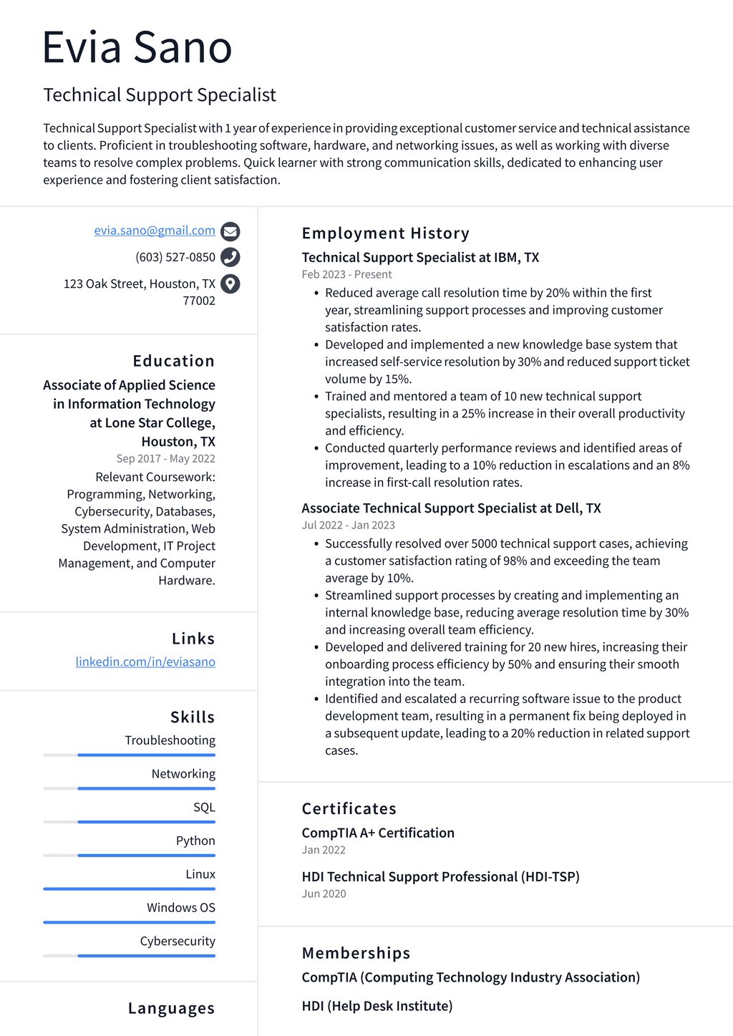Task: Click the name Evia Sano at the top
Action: pyautogui.click(x=137, y=47)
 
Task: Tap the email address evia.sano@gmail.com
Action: pyautogui.click(x=155, y=231)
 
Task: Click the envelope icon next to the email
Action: pyautogui.click(x=230, y=231)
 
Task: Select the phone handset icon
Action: pyautogui.click(x=230, y=257)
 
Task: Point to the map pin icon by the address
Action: pyautogui.click(x=230, y=284)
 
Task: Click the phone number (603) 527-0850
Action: pyautogui.click(x=175, y=257)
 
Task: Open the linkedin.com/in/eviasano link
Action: pyautogui.click(x=145, y=662)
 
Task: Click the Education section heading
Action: pyautogui.click(x=173, y=361)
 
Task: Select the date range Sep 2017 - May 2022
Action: pyautogui.click(x=165, y=458)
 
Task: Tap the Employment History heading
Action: pyautogui.click(x=385, y=233)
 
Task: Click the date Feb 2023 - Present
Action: pyautogui.click(x=346, y=274)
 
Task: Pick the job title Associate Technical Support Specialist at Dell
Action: pyautogui.click(x=451, y=508)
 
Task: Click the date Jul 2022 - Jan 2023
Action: pyautogui.click(x=348, y=525)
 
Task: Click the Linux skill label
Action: pyautogui.click(x=200, y=874)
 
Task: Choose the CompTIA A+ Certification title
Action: pyautogui.click(x=378, y=833)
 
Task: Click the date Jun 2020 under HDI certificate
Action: pyautogui.click(x=324, y=894)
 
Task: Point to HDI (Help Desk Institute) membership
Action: pyautogui.click(x=377, y=1006)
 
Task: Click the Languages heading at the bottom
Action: pyautogui.click(x=171, y=1008)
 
